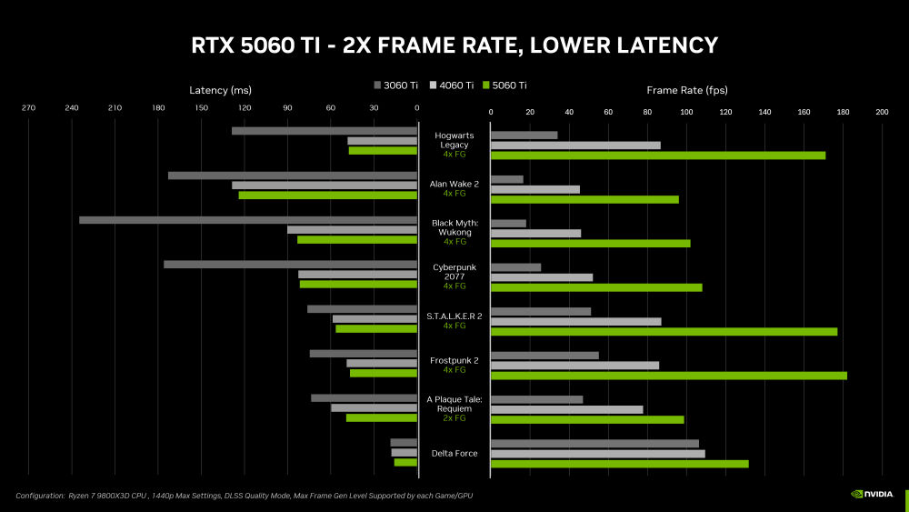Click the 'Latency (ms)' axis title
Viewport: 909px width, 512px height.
click(220, 90)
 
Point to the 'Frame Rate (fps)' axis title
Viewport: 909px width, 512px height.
click(686, 90)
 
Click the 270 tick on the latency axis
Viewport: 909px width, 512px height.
click(28, 110)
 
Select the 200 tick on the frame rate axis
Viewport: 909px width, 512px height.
click(881, 112)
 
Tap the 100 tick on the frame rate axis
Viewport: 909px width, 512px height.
click(686, 112)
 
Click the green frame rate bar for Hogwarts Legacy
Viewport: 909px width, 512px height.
click(657, 156)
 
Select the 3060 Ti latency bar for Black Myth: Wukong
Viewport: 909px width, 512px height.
click(247, 220)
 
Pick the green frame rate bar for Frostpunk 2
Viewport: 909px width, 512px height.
click(668, 376)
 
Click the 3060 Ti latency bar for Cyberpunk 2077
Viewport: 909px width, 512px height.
click(290, 265)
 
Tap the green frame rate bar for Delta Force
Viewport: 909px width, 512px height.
click(619, 464)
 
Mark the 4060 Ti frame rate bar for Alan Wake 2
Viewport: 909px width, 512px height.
click(534, 189)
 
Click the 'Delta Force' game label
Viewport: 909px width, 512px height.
click(454, 453)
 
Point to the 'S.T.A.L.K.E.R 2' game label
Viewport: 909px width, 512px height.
click(454, 316)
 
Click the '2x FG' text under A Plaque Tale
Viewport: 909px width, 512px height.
click(454, 418)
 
